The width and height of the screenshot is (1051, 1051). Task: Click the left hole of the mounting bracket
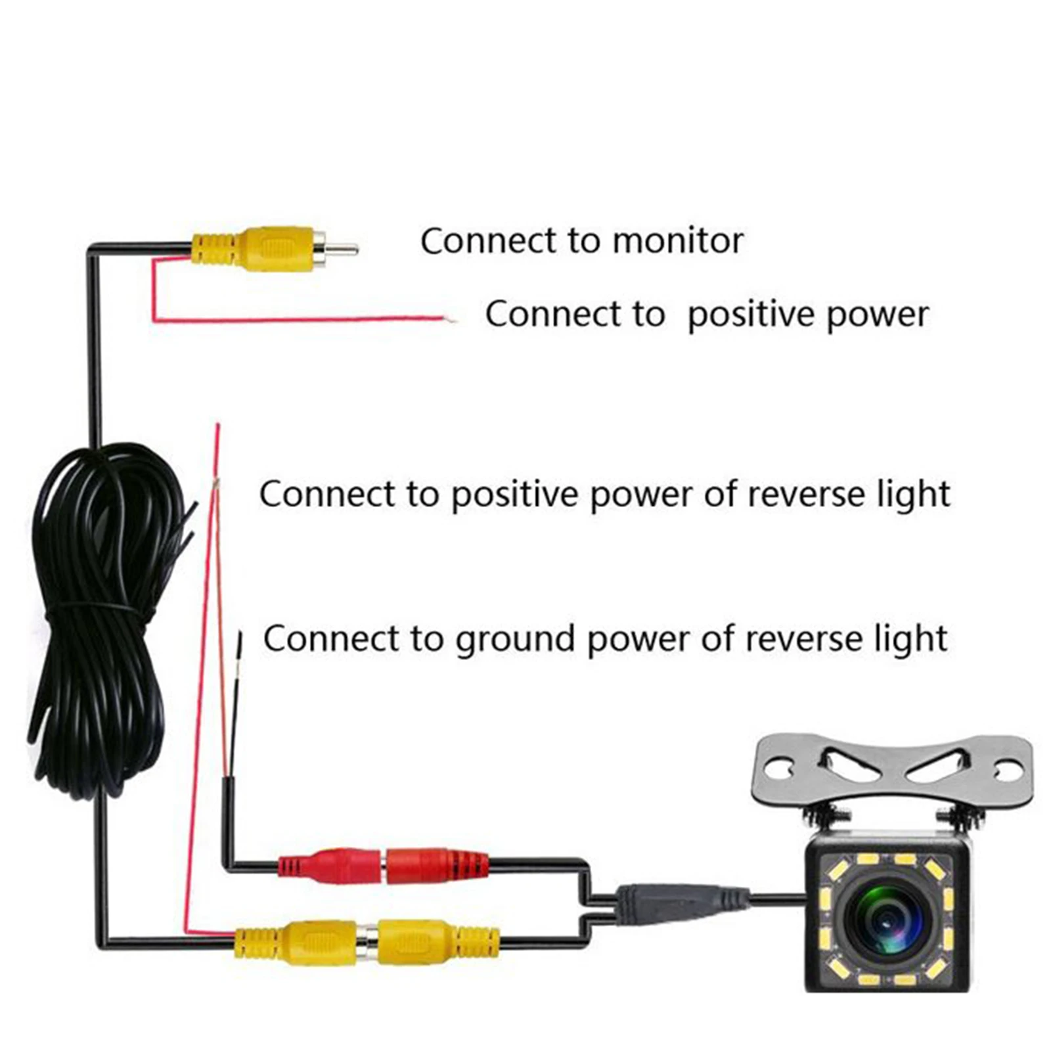point(781,767)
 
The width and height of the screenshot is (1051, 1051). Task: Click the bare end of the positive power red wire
point(451,321)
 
